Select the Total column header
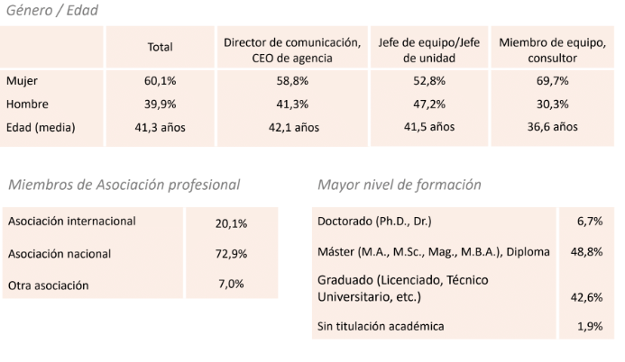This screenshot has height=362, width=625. click(x=160, y=48)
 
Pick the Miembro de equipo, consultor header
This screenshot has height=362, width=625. click(x=550, y=49)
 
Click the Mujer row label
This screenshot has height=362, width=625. click(x=22, y=81)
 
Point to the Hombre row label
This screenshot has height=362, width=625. click(x=27, y=104)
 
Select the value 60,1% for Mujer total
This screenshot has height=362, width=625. click(x=160, y=81)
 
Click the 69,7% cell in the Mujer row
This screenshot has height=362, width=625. click(x=550, y=81)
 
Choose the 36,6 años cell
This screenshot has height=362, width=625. click(x=550, y=127)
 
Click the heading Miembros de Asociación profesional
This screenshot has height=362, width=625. click(x=124, y=185)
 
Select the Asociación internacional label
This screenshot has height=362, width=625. click(x=71, y=221)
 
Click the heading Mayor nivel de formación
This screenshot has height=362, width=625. click(x=399, y=185)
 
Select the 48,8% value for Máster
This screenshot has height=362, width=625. click(x=589, y=252)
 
